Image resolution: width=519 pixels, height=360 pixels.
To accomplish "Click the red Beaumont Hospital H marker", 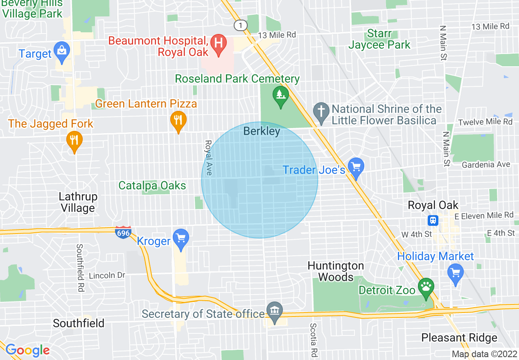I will tap(219, 43).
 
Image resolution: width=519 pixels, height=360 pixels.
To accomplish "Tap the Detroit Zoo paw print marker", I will tap(426, 286).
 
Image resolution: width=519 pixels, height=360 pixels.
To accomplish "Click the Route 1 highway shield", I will tap(241, 25).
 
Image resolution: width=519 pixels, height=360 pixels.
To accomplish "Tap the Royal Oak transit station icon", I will tap(433, 220).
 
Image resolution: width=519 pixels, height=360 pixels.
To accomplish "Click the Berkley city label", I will tap(262, 131).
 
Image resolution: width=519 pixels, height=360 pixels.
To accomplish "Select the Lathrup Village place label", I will tap(78, 202).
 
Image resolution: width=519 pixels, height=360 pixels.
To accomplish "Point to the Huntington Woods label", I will tap(336, 271).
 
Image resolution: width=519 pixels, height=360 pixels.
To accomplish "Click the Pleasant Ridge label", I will tap(459, 337).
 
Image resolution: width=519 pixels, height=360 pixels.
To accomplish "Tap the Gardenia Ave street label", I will tap(485, 164).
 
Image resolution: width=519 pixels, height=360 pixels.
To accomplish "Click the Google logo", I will tap(27, 350).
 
